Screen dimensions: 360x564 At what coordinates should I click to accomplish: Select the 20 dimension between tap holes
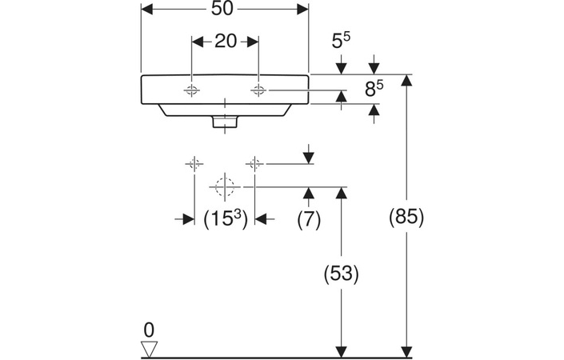click(x=226, y=42)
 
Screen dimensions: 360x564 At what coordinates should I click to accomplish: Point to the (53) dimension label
click(x=342, y=273)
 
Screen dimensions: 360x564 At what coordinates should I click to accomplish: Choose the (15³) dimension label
click(x=225, y=218)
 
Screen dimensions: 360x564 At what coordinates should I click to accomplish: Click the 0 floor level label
click(x=148, y=329)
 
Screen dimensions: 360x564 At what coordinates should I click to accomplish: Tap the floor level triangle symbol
click(x=149, y=348)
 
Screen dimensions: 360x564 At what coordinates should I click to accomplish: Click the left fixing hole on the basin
click(x=192, y=90)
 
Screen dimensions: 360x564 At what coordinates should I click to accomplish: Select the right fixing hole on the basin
click(x=258, y=90)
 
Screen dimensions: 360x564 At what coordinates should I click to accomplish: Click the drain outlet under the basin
click(x=226, y=122)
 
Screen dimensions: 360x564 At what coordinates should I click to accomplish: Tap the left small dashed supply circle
click(x=194, y=164)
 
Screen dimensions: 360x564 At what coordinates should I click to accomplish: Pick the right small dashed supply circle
click(x=255, y=164)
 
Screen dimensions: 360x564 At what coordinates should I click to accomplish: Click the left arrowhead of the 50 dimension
click(x=146, y=9)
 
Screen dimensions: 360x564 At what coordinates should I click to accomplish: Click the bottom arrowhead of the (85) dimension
click(x=407, y=351)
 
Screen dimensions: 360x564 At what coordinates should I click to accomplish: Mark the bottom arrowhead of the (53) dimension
click(x=342, y=351)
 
